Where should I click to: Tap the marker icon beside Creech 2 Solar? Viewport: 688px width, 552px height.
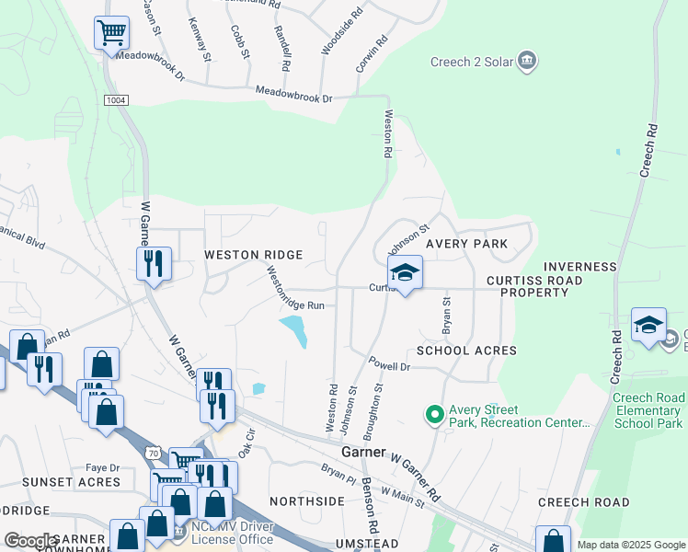pos(527,63)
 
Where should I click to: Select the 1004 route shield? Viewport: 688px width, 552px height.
pos(115,99)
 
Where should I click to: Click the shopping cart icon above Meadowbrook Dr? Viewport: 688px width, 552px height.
pos(111,34)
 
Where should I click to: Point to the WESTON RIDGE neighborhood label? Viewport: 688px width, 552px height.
pos(253,255)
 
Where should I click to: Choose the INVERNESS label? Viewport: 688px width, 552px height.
pos(579,267)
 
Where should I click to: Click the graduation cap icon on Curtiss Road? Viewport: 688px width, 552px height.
pos(405,273)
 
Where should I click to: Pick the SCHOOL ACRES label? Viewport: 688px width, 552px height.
pos(466,351)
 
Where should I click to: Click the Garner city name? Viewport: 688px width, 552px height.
pos(363,454)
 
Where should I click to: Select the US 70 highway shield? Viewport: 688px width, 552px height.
pos(154,453)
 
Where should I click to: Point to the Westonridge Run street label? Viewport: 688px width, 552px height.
pos(295,288)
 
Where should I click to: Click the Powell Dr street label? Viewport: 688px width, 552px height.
pos(388,365)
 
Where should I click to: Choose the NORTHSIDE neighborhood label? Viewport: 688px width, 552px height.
pos(306,501)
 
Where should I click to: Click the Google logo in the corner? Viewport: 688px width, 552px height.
pos(30,541)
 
